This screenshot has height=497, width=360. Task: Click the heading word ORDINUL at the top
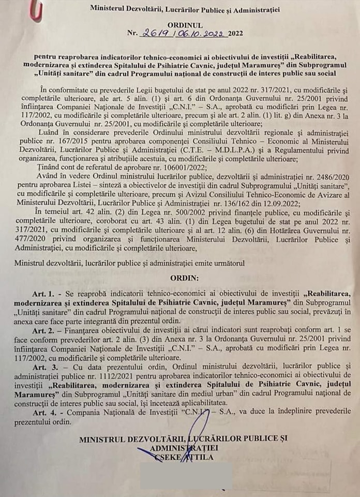tap(185, 24)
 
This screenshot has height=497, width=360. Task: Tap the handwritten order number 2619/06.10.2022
tap(183, 34)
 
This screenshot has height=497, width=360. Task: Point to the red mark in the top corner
tap(35, 11)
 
